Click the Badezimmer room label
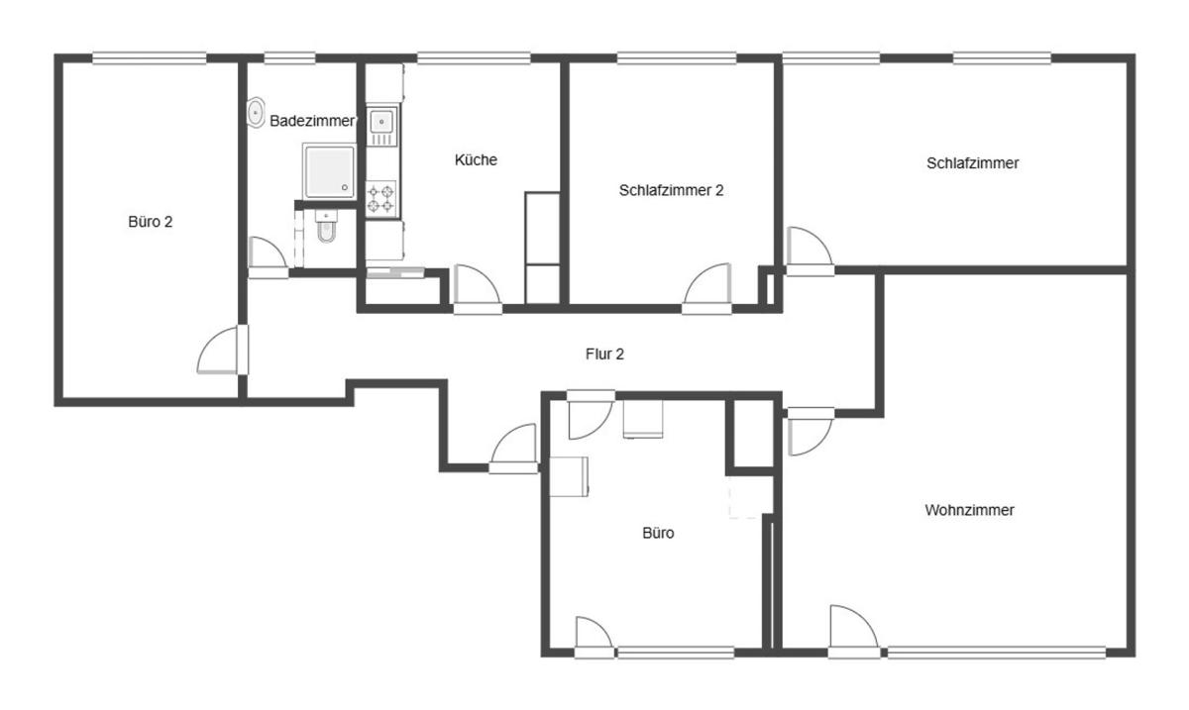point(312,121)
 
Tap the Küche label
point(476,159)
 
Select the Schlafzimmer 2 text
point(671,190)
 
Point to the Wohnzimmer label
point(969,510)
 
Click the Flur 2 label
point(604,354)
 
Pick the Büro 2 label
point(151,221)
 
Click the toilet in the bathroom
point(326,226)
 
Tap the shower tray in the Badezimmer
point(329,170)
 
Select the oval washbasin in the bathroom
point(256,112)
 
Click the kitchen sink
point(381,125)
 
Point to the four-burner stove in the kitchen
point(381,198)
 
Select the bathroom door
point(269,257)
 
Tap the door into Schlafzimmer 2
point(707,289)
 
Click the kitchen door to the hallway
point(478,289)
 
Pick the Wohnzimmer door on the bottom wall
point(853,632)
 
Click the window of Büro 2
point(150,58)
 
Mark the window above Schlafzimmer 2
point(676,58)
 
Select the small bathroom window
point(289,58)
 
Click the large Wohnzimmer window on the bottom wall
point(997,653)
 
